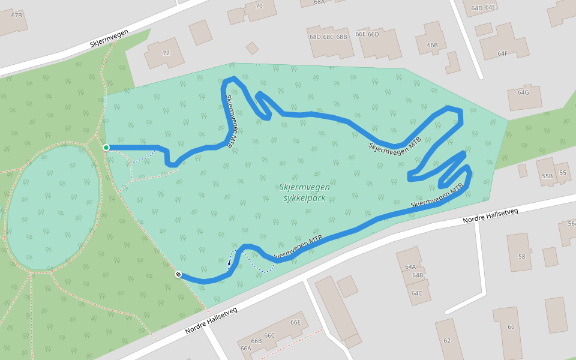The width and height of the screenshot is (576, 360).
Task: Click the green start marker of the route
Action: (x=106, y=148)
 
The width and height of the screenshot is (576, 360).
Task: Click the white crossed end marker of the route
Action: (x=178, y=275)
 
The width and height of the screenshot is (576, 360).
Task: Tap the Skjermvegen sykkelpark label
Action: (x=304, y=193)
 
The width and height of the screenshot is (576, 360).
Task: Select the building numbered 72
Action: (x=166, y=53)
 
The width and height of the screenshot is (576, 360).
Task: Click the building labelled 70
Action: (x=259, y=7)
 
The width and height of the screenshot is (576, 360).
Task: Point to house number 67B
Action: (x=16, y=15)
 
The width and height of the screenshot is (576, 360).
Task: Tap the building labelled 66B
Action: (x=432, y=45)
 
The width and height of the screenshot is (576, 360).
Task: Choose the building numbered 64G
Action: (x=523, y=93)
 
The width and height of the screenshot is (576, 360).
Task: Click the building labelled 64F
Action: (x=502, y=53)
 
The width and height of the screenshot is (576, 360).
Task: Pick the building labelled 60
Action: (x=511, y=327)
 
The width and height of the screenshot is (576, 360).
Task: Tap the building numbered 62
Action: (x=447, y=340)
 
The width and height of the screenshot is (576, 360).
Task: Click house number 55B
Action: (x=547, y=176)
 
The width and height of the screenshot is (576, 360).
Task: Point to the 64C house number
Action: (x=416, y=293)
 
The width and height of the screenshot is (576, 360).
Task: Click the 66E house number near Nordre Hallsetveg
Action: (x=295, y=322)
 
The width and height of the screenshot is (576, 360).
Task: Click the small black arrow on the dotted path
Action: (x=230, y=262)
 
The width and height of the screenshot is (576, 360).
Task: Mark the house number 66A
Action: (x=245, y=348)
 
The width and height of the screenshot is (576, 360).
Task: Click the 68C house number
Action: (x=328, y=37)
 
